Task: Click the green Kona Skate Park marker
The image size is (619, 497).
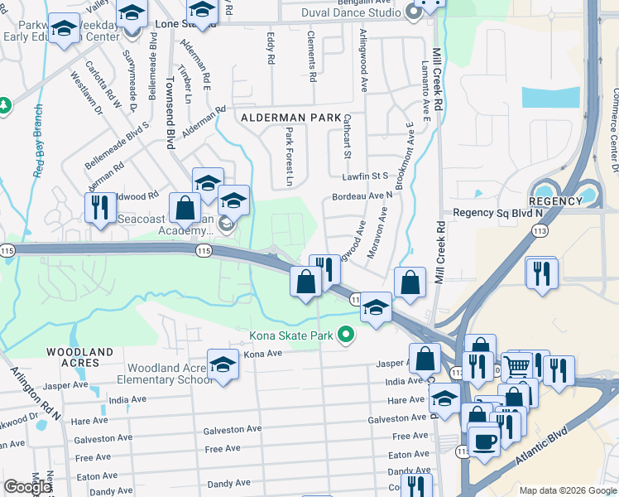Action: (x=347, y=335)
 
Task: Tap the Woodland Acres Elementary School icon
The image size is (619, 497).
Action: (x=222, y=366)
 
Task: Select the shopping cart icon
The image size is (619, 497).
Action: (x=517, y=364)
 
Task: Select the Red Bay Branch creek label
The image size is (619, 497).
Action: (x=38, y=142)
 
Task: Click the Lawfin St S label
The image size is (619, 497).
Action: (x=365, y=176)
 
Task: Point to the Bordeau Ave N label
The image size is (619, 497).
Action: (x=362, y=196)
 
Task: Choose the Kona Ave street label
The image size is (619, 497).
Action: (x=263, y=354)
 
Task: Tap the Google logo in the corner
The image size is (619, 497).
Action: (x=27, y=487)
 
